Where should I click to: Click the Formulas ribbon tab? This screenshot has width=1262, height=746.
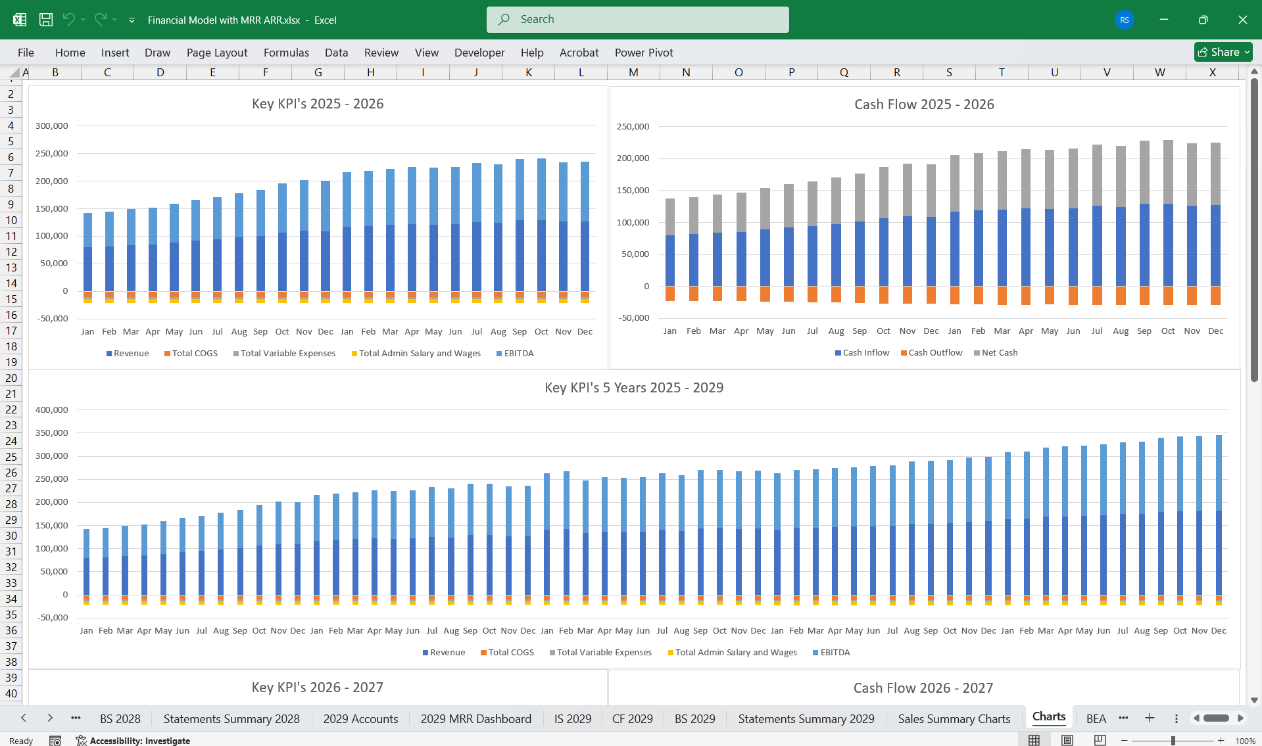pos(286,53)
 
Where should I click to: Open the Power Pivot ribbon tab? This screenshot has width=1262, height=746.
pos(643,53)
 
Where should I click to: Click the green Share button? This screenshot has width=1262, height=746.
pos(1223,52)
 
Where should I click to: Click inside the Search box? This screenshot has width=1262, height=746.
pos(637,20)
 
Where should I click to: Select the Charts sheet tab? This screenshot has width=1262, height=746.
pos(1048,717)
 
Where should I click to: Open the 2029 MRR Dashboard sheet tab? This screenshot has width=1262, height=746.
pos(475,719)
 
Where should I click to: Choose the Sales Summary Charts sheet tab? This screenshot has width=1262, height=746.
pos(954,719)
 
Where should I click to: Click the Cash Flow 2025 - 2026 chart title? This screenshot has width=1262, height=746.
pos(923,105)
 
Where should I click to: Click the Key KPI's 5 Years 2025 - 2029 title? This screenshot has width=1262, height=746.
pos(633,388)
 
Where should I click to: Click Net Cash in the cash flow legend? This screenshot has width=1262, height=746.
pos(999,353)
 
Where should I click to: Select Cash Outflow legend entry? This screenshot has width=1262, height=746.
pos(934,353)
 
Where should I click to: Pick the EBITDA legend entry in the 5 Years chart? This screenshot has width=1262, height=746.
pos(835,653)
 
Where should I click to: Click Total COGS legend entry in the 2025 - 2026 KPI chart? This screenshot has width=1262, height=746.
pos(194,354)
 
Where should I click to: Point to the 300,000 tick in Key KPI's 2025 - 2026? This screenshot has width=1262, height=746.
pos(51,126)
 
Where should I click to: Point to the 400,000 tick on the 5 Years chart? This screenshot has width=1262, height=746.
pos(51,410)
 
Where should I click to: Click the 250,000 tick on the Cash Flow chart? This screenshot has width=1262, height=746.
pos(632,127)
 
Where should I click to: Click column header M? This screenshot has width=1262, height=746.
pos(633,72)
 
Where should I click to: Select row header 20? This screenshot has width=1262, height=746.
pos(11,378)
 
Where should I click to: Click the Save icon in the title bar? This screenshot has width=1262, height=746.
pos(45,20)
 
